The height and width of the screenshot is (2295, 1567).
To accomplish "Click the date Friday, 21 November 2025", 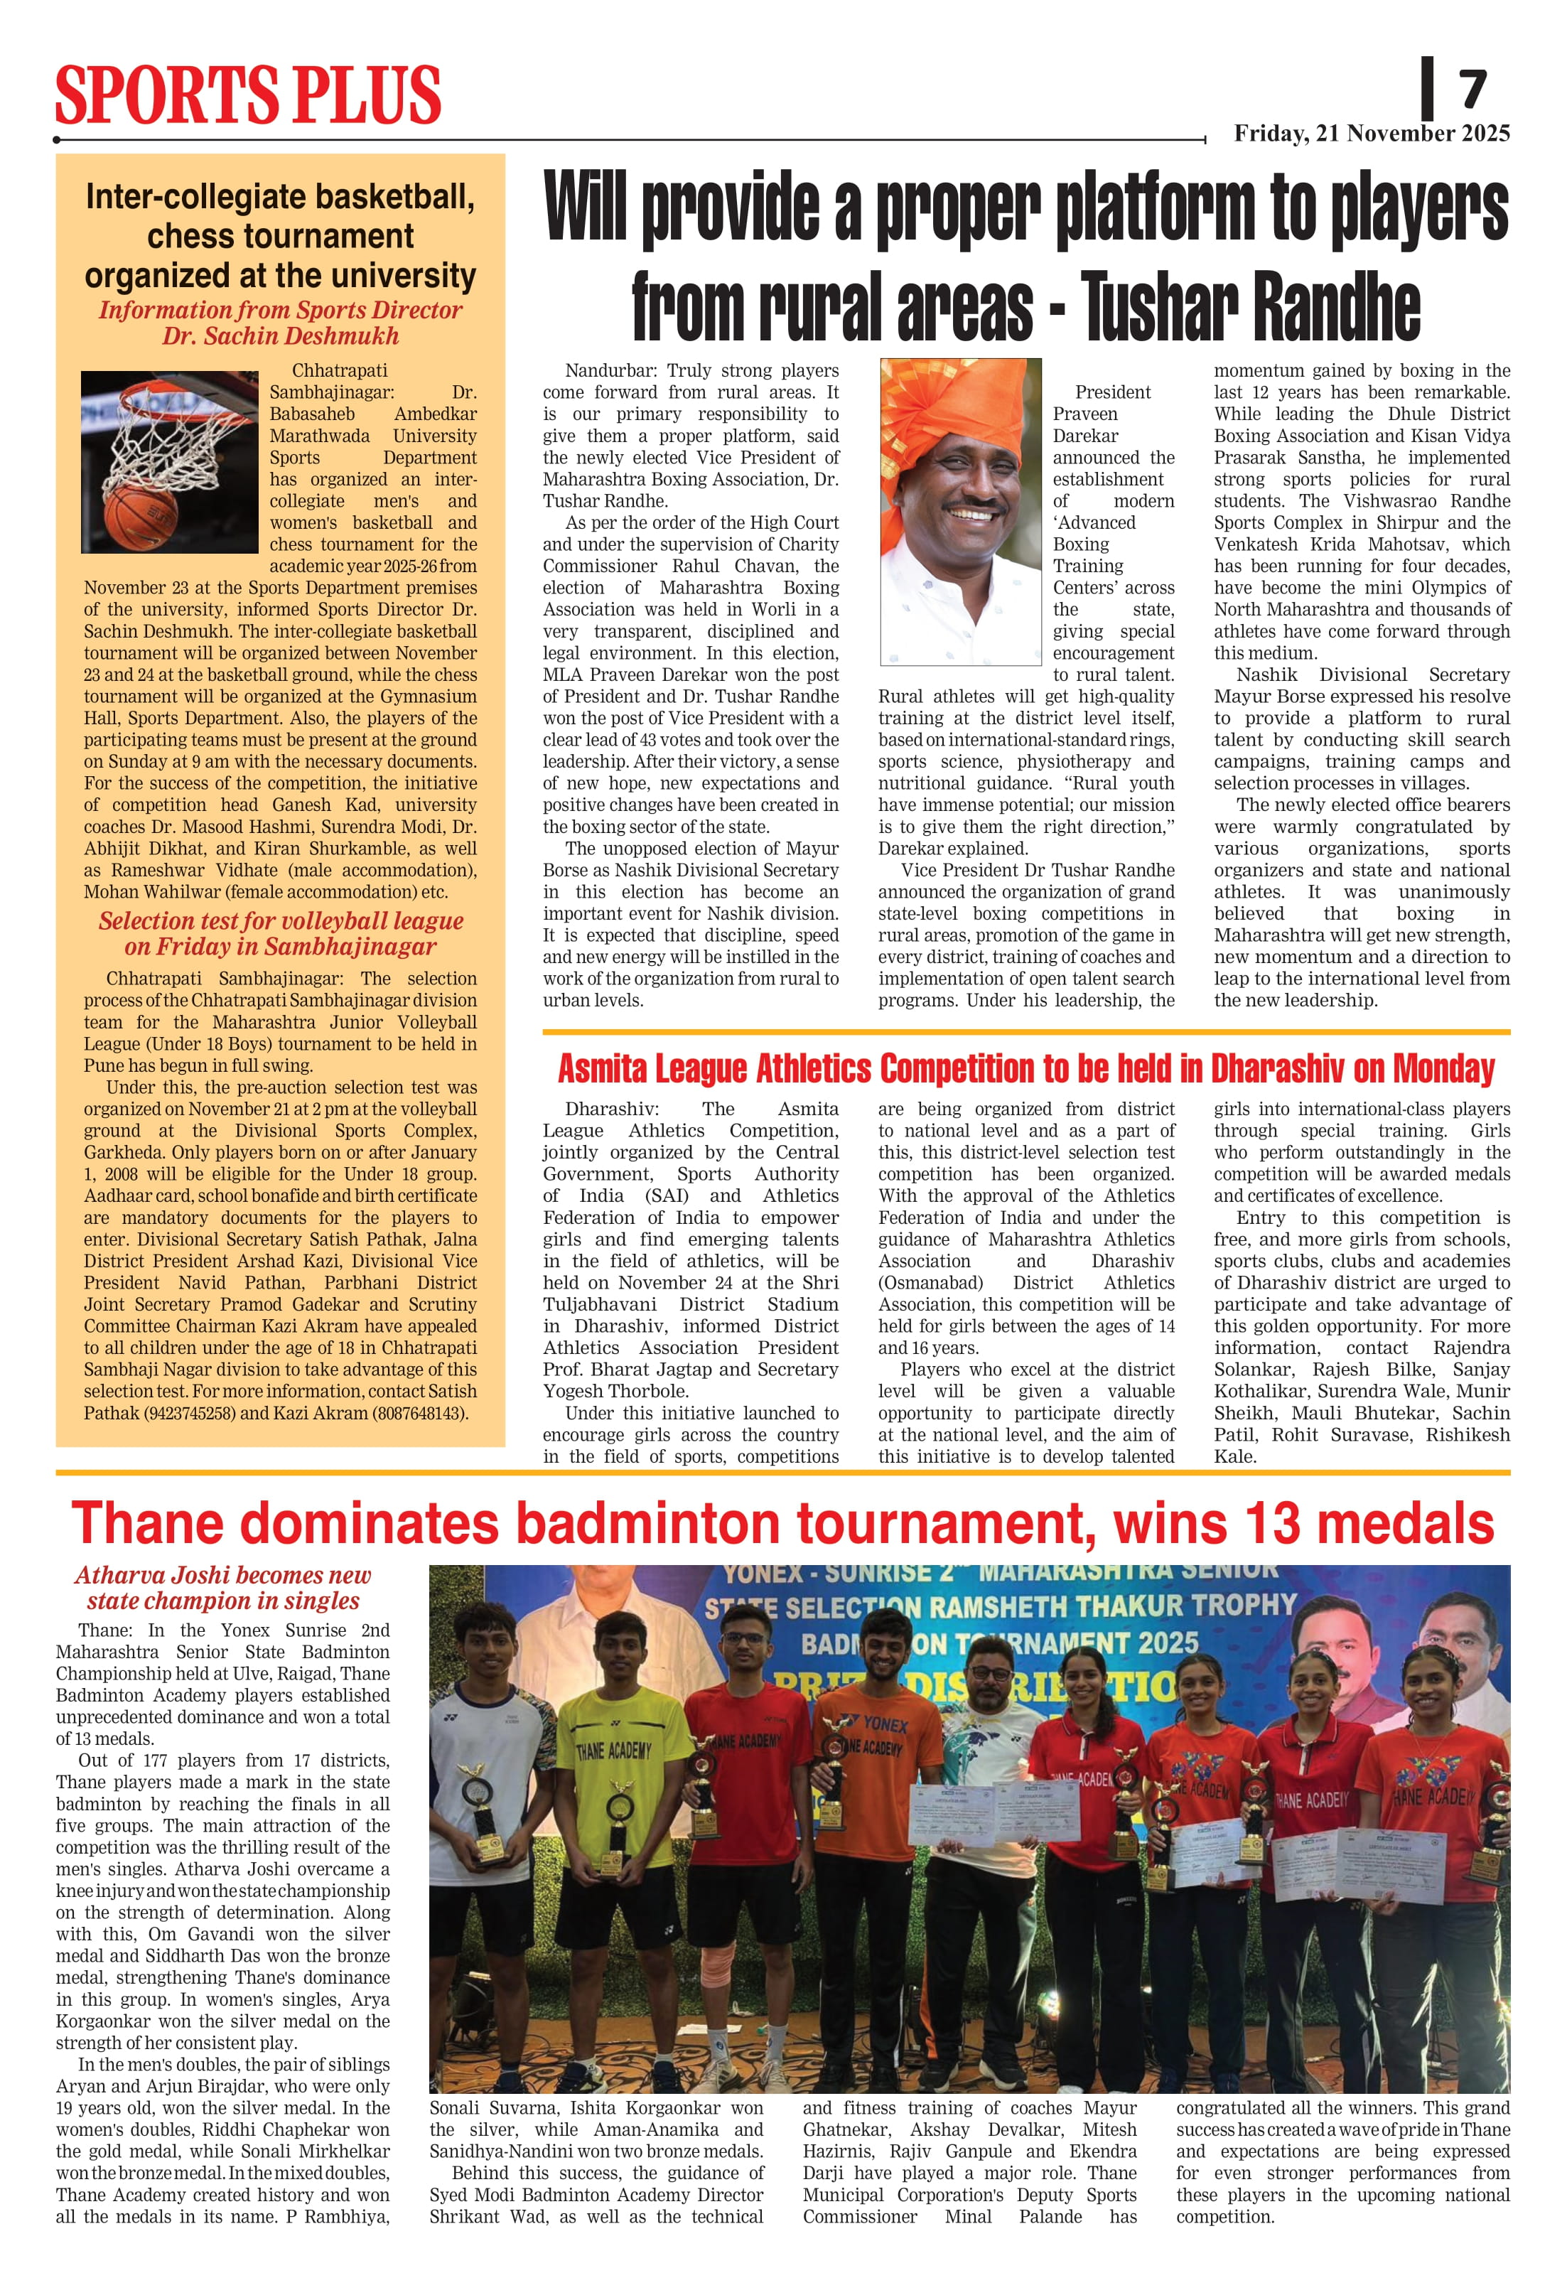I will tap(1372, 134).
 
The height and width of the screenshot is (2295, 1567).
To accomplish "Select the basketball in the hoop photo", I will tap(140, 513).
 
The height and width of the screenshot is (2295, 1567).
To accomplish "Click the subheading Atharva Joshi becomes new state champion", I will tap(223, 1588).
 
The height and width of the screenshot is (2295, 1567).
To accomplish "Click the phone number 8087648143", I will tap(420, 1413).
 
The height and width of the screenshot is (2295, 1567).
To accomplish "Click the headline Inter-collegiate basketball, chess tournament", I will tap(281, 236).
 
